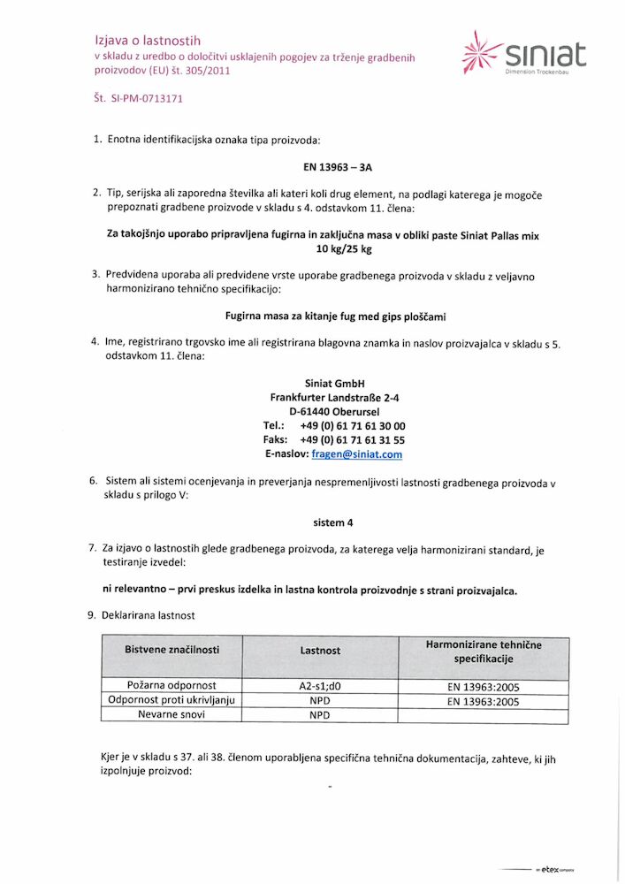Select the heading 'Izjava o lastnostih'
(148, 41)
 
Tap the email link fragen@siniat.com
(357, 454)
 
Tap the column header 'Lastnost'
(320, 651)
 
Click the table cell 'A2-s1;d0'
(320, 686)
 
